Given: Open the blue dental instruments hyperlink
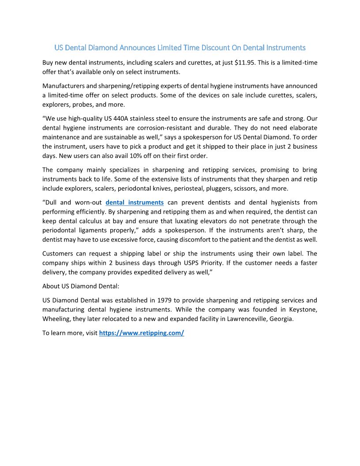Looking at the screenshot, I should click(135, 203).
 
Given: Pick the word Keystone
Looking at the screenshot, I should click(303, 309).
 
